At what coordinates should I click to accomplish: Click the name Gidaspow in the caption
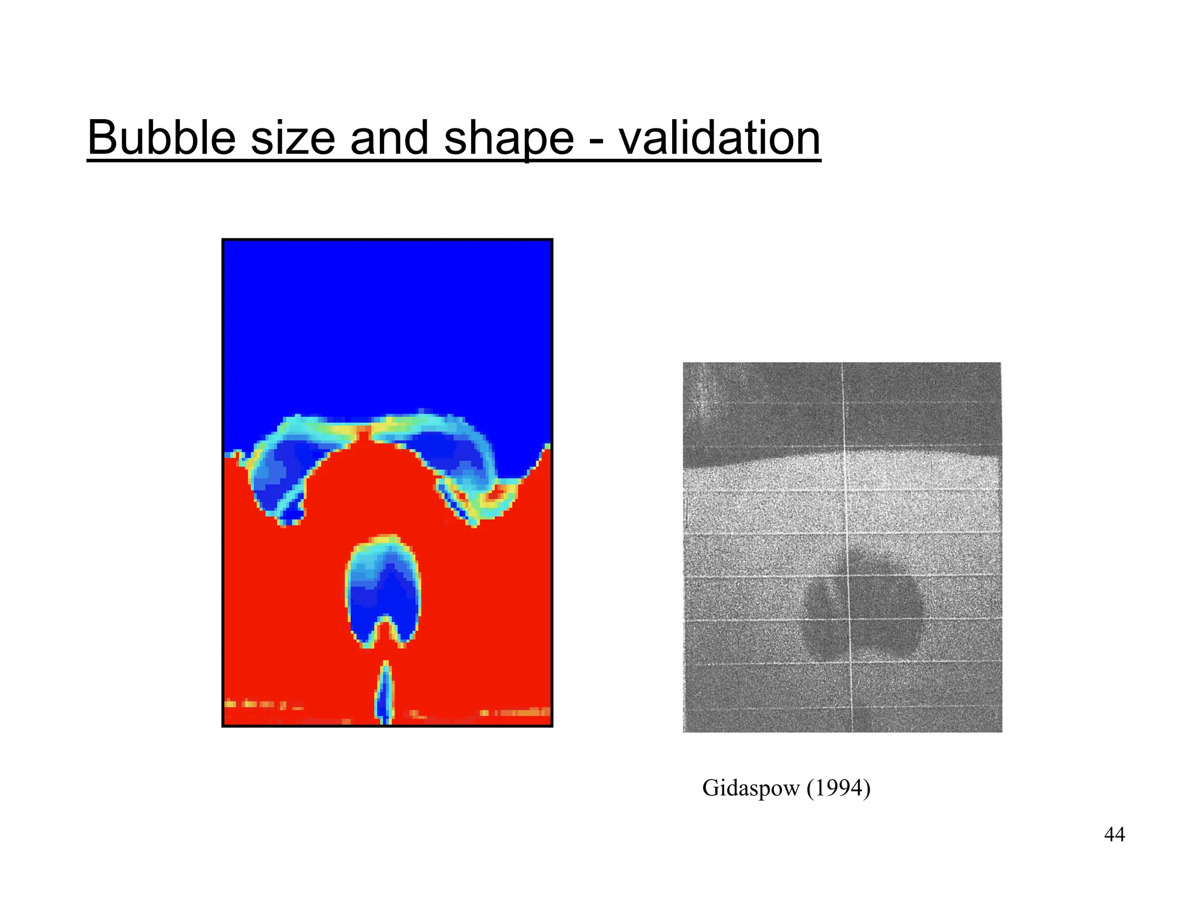click(x=750, y=788)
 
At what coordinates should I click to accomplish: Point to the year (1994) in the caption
click(x=839, y=788)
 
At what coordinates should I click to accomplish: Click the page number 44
click(x=1114, y=835)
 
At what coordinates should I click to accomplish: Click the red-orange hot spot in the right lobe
click(x=496, y=494)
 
